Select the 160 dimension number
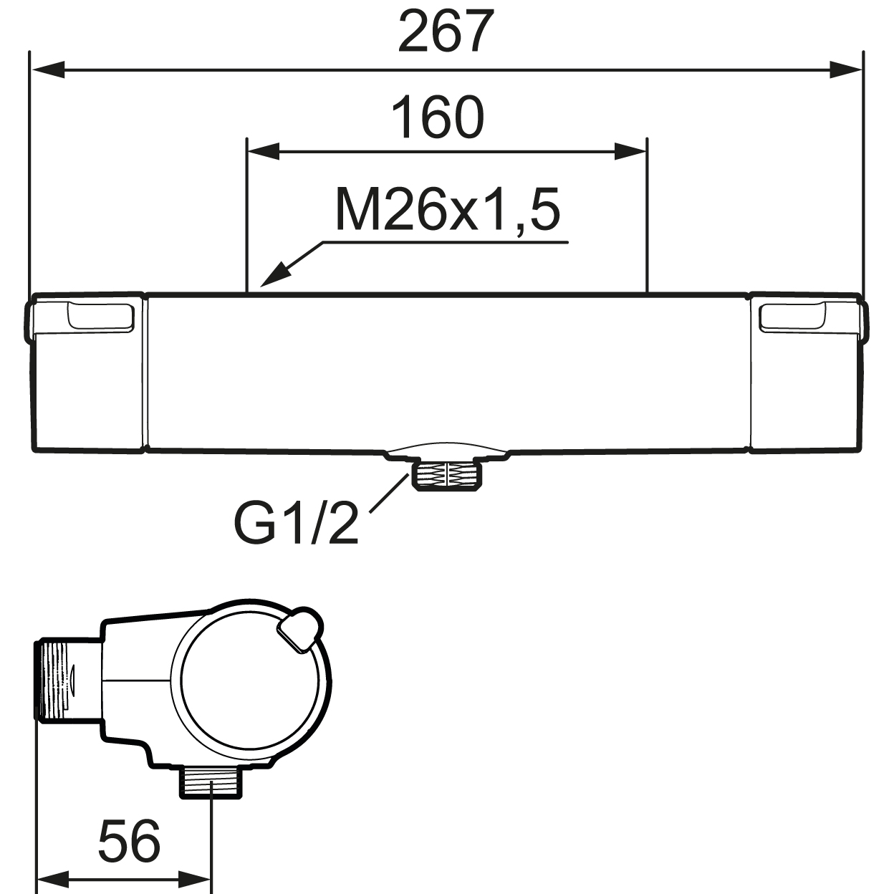(438, 117)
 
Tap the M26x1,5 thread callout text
(448, 210)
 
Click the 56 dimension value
(130, 840)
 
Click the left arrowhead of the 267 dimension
(48, 70)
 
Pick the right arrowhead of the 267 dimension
(845, 70)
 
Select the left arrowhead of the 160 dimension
(264, 151)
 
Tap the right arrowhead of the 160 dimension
(630, 151)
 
